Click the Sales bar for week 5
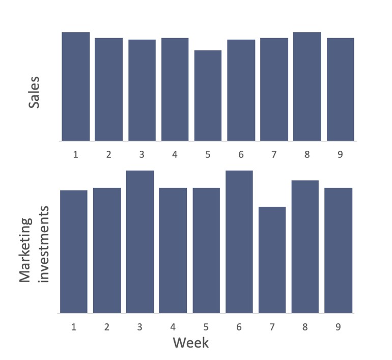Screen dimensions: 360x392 point(208,96)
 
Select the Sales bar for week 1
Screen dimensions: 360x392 point(75,87)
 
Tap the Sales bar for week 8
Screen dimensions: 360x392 point(307,87)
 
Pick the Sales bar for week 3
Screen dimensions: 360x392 point(142,90)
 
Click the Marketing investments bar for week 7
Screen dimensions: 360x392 point(272,260)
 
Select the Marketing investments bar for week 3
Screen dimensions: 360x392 point(140,242)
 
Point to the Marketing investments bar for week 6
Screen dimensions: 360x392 point(239,242)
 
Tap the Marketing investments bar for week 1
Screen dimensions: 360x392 point(74,252)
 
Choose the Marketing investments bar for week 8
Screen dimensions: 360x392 point(305,247)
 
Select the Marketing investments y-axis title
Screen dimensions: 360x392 point(34,244)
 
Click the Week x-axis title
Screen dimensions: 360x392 point(190,343)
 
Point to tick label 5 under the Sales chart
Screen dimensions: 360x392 point(208,154)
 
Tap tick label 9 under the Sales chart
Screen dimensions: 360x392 point(340,154)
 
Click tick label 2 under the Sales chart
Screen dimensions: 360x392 point(108,154)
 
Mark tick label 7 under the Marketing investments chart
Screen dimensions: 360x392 point(272,326)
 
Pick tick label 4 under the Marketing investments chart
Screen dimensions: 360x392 point(173,326)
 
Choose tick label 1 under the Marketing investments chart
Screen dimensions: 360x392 point(74,326)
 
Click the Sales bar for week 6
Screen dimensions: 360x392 point(241,90)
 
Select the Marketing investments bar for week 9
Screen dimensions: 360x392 point(338,251)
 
